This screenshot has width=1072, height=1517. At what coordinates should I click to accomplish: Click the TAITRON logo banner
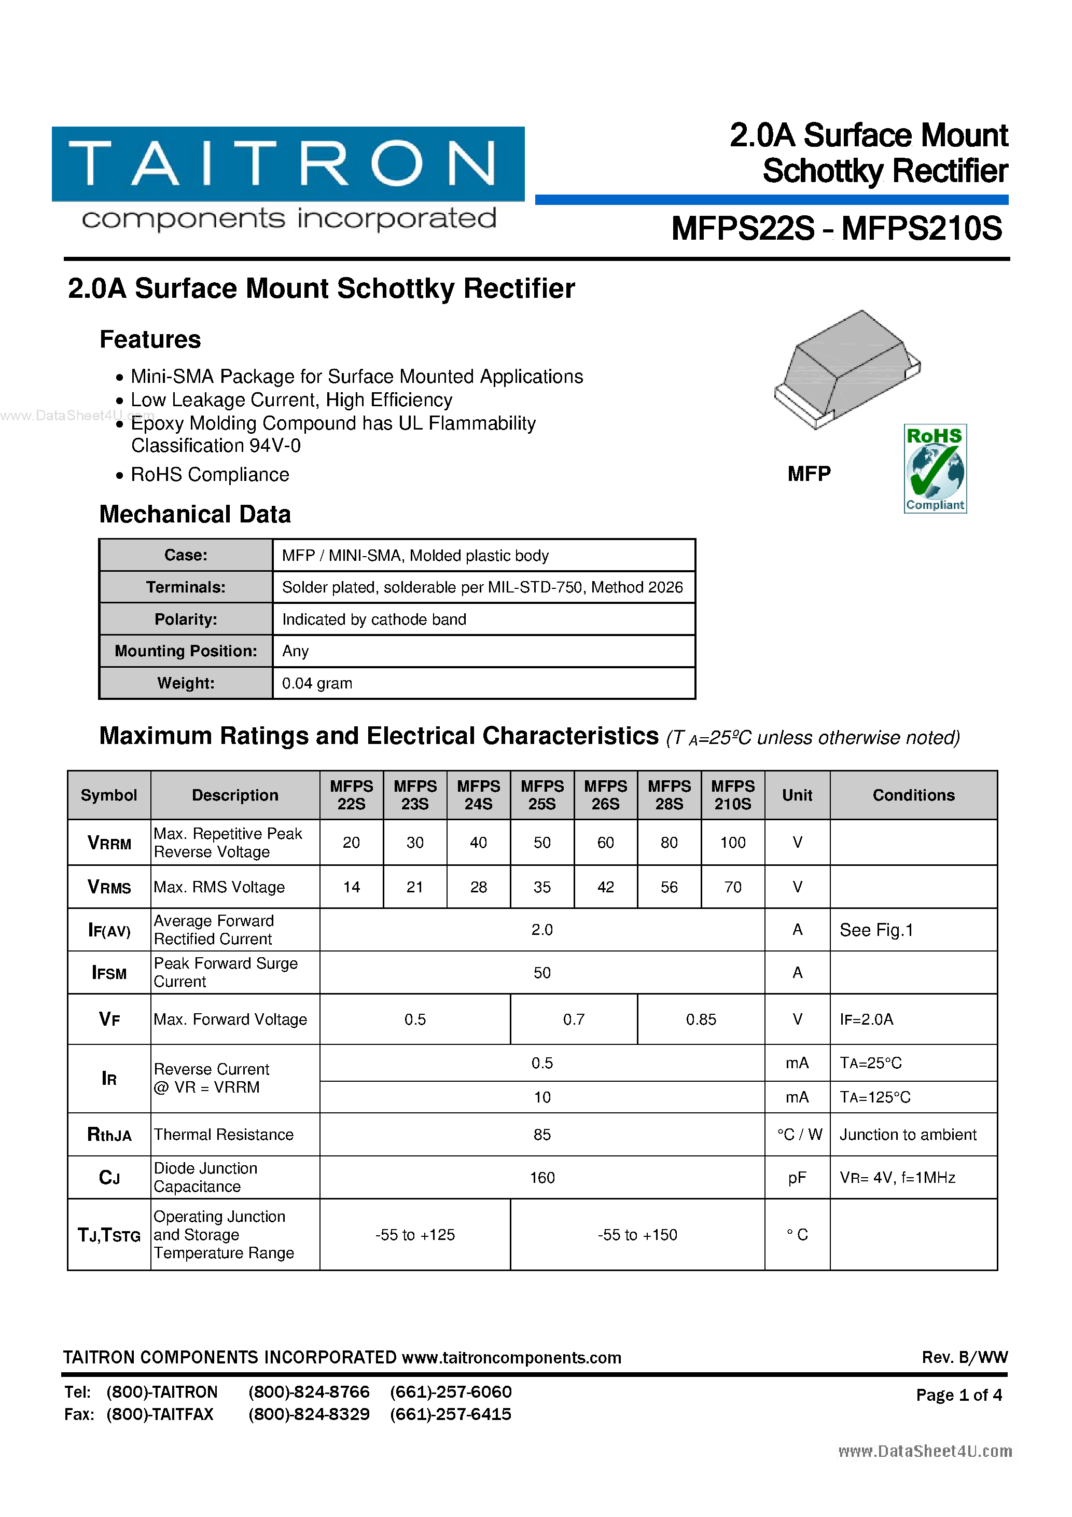tap(288, 164)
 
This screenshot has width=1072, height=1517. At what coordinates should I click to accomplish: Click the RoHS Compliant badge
tap(935, 468)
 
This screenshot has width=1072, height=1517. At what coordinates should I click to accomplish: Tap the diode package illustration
tap(847, 370)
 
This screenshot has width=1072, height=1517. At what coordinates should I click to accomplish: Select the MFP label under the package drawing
tap(809, 474)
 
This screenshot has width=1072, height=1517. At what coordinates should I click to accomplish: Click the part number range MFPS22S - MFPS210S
tap(836, 229)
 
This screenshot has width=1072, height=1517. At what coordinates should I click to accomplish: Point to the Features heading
tap(150, 340)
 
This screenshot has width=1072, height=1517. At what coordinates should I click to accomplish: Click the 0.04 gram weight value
tap(317, 683)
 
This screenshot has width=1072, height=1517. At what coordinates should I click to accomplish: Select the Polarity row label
tap(186, 619)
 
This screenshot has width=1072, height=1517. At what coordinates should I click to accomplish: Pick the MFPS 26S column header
tap(605, 795)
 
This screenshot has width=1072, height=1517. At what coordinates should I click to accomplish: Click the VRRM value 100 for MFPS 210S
tap(732, 843)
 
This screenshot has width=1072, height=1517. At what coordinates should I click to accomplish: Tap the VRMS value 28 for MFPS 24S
tap(478, 887)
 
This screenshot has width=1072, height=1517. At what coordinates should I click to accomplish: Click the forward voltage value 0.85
tap(701, 1019)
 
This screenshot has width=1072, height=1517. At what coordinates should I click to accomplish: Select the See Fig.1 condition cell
tap(876, 930)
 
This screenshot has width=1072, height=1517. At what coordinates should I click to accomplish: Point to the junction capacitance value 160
tap(541, 1177)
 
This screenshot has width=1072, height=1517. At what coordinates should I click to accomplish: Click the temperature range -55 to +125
tap(415, 1235)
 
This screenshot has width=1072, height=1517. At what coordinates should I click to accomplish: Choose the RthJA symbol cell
tap(109, 1135)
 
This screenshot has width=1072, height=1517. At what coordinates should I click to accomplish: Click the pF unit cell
tap(797, 1177)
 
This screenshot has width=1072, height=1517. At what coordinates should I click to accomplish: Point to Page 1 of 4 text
tap(958, 1395)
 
